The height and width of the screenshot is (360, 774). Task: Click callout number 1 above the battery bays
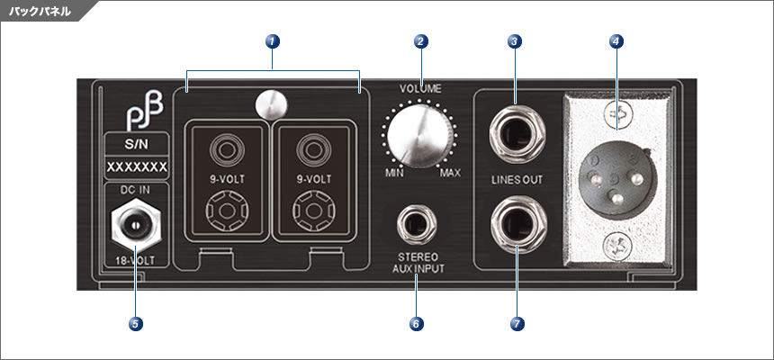(273, 40)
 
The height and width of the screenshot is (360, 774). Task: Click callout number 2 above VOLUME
(420, 40)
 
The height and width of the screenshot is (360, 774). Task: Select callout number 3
(514, 40)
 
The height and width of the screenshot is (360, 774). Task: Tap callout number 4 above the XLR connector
(616, 40)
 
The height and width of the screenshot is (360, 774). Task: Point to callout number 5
(134, 322)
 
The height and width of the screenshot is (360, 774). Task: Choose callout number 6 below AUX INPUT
(415, 322)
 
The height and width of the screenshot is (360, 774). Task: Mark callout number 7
(517, 322)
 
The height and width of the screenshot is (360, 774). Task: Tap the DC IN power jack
(134, 224)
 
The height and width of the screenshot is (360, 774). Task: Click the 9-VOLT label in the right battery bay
(316, 179)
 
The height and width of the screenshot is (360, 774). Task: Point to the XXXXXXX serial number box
(135, 167)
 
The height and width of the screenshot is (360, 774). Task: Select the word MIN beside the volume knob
(392, 172)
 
